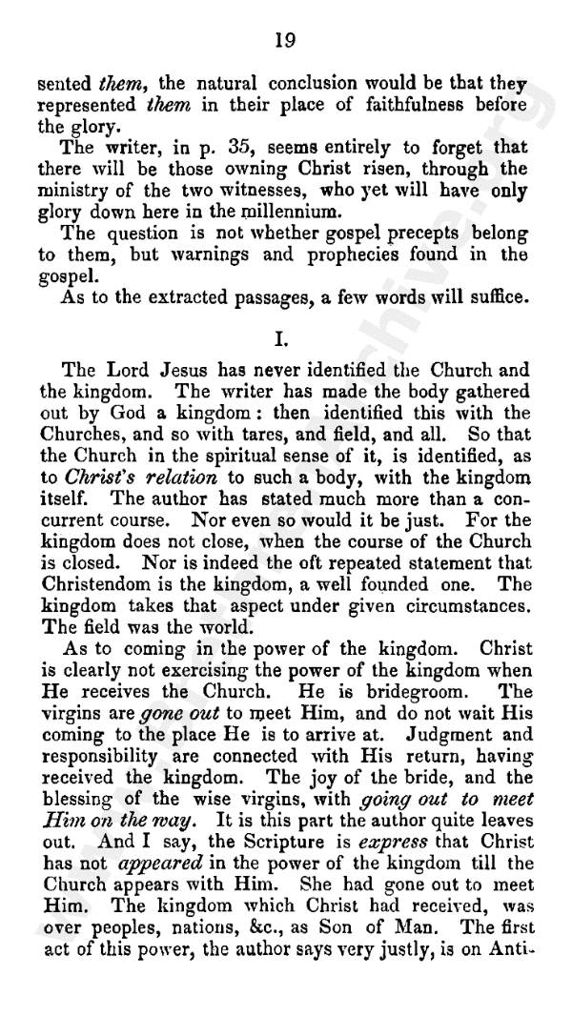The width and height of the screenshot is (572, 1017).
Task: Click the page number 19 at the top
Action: [x=285, y=39]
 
